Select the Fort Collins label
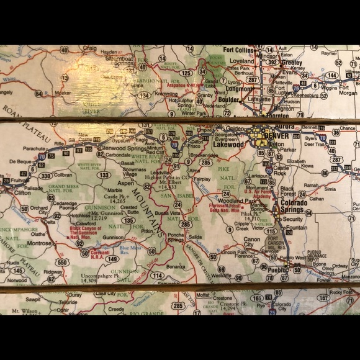[239, 50]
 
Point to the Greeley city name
[291, 63]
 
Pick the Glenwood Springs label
[124, 148]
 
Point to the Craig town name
[90, 48]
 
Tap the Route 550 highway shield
[61, 263]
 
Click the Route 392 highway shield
[272, 61]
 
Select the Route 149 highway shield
[112, 259]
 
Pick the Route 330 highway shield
[46, 176]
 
